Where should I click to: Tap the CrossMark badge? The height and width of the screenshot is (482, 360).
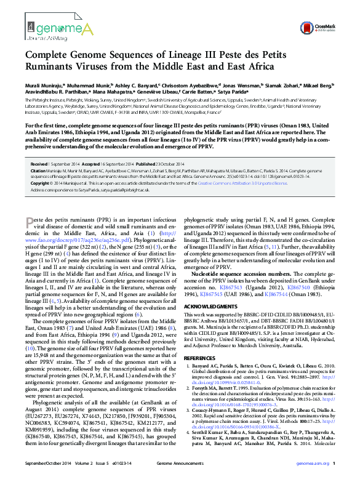[321, 28]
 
